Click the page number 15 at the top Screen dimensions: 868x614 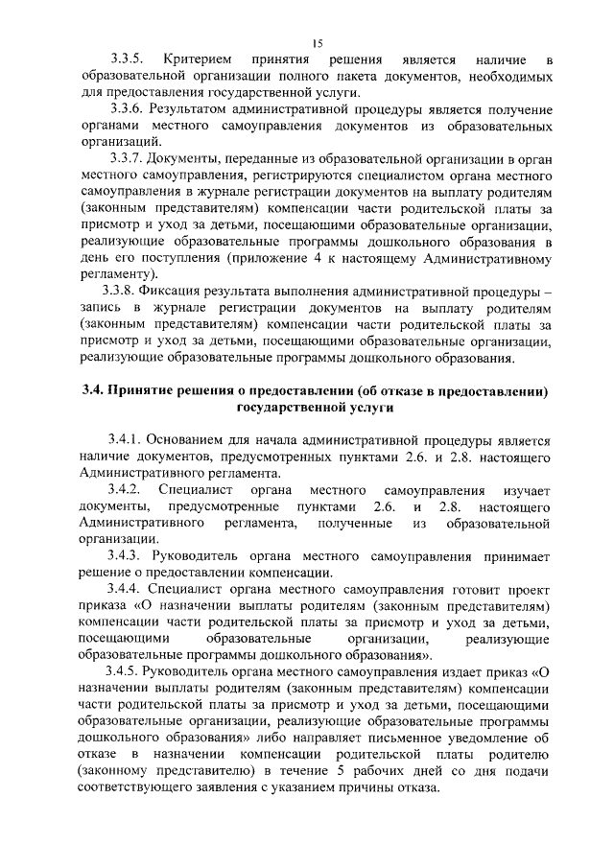(318, 42)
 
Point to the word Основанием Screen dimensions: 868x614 (197, 440)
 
